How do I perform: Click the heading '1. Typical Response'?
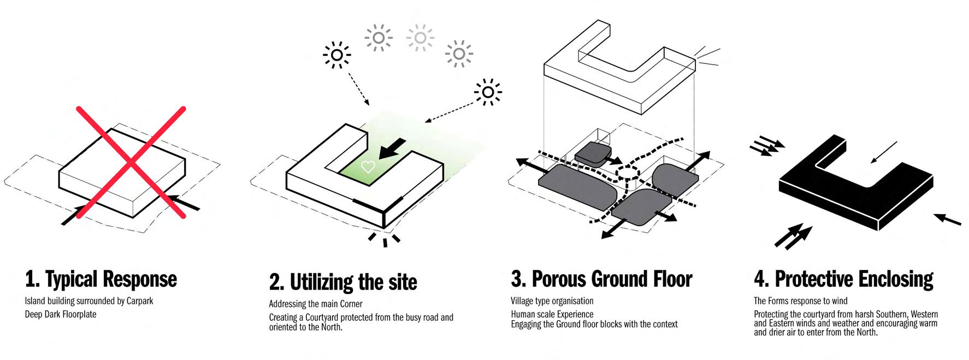click(101, 279)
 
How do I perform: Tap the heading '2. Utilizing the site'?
click(343, 282)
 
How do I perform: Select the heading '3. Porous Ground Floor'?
click(601, 279)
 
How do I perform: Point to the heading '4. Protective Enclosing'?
click(843, 279)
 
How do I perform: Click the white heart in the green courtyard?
click(368, 167)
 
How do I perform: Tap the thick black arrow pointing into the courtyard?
click(392, 149)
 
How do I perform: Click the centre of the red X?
click(131, 163)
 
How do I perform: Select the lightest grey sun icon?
click(420, 38)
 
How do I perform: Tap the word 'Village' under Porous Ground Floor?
click(523, 301)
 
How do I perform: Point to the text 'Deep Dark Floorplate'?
click(61, 314)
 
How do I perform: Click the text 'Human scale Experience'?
click(552, 314)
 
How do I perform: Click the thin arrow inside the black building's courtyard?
click(884, 152)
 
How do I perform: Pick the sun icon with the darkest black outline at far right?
click(488, 92)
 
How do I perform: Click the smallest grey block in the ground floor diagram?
click(593, 154)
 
